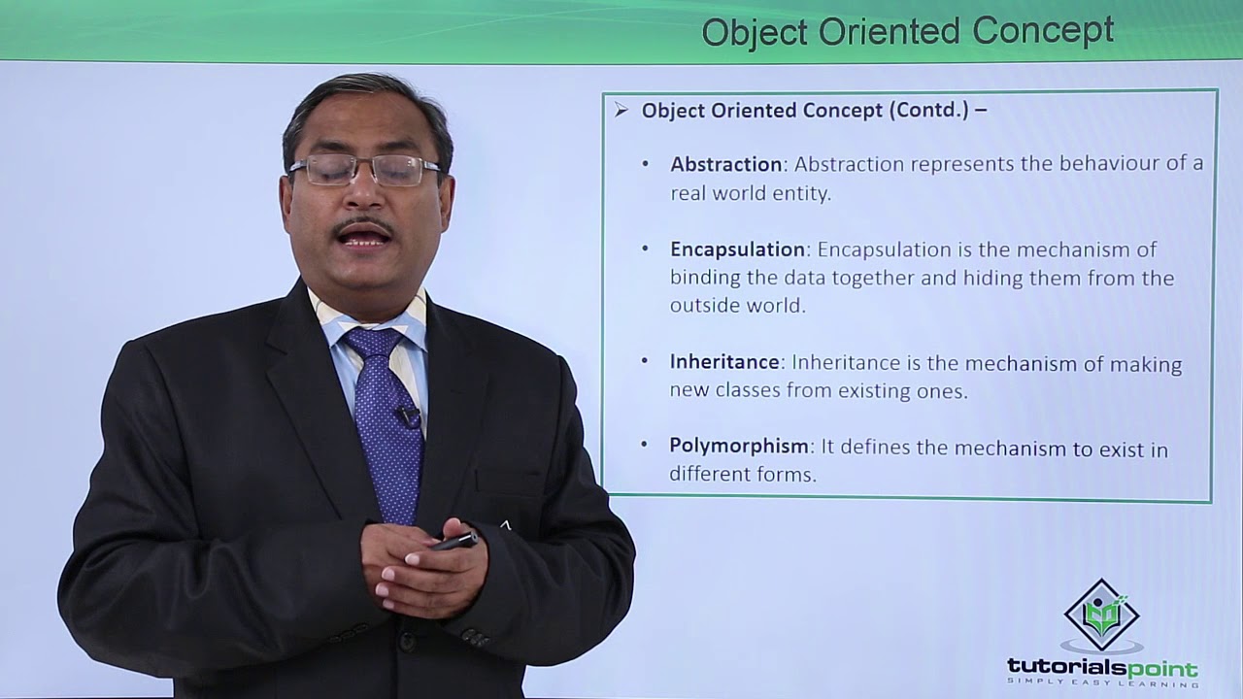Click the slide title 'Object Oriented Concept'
tap(907, 31)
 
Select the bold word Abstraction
tap(725, 164)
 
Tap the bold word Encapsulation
tap(737, 250)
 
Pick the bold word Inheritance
tap(724, 362)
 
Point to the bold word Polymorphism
tap(739, 447)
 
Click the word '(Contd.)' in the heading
tap(928, 110)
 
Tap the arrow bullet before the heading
tap(621, 110)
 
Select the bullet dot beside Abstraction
tap(646, 164)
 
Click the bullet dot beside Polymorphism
tap(646, 445)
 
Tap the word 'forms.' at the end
tap(787, 475)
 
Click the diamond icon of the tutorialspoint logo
tap(1101, 616)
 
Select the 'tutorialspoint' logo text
tap(1101, 668)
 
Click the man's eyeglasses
tap(366, 171)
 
